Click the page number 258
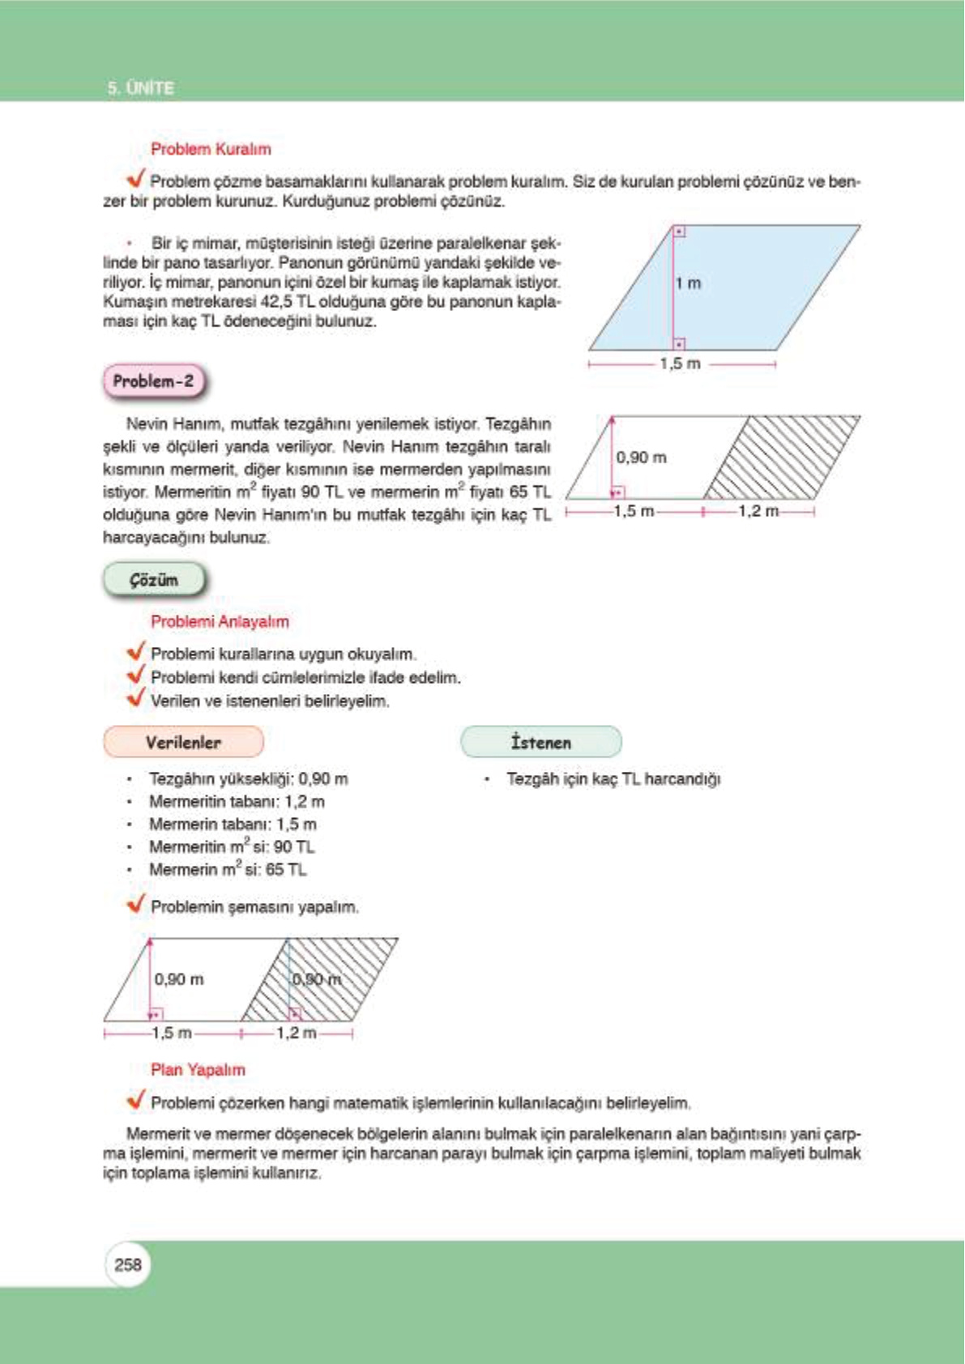click(128, 1264)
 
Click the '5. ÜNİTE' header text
click(140, 87)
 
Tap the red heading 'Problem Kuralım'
click(211, 149)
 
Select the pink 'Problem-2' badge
click(154, 381)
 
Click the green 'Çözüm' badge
click(154, 580)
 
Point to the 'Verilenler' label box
click(183, 742)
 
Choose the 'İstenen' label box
click(540, 742)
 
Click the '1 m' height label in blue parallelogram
click(689, 283)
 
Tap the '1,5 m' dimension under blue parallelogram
click(679, 364)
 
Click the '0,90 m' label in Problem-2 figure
click(641, 458)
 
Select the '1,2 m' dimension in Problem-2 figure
click(758, 511)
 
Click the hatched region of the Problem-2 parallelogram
click(782, 458)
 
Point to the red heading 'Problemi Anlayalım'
click(220, 621)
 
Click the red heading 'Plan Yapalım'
click(198, 1069)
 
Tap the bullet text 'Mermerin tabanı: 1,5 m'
click(233, 824)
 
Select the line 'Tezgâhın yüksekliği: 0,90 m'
click(248, 778)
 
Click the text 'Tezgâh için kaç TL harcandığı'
click(613, 778)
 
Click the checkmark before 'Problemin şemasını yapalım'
click(136, 904)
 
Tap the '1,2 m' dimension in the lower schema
click(296, 1033)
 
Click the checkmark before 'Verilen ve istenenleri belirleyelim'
click(136, 698)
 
